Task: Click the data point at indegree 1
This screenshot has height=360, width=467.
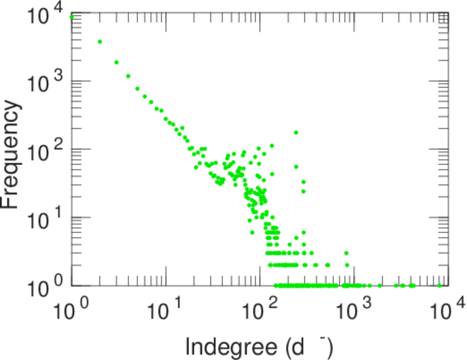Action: (72, 17)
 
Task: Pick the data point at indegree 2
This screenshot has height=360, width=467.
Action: (100, 41)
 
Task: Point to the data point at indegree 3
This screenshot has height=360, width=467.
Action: (116, 62)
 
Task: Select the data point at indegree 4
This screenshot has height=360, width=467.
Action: (128, 76)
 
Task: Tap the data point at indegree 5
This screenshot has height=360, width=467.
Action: (137, 89)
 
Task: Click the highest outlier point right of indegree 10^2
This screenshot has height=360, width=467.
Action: (296, 132)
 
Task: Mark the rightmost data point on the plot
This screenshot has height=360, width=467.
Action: (439, 286)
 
